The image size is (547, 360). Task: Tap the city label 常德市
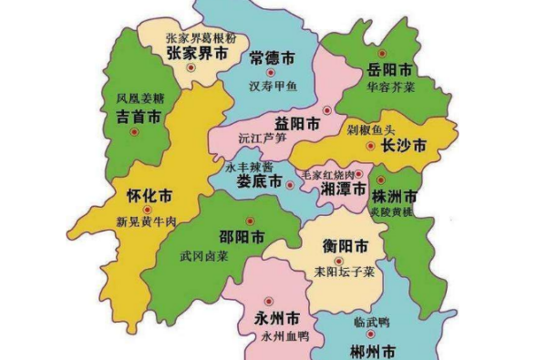272,58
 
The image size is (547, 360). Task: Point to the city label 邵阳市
242,236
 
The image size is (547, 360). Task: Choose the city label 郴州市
373,350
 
